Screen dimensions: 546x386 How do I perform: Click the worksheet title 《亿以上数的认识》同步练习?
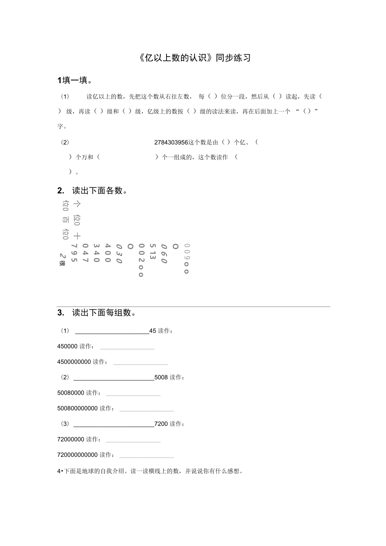(x=194, y=58)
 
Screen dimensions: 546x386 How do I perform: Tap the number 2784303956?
(x=171, y=142)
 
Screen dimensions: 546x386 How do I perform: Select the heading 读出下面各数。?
(x=99, y=191)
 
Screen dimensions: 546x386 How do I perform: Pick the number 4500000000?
(x=74, y=362)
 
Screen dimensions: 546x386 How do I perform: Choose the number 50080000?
(x=70, y=393)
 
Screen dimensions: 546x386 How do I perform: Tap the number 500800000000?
(x=77, y=408)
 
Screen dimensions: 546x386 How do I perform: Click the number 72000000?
(x=70, y=439)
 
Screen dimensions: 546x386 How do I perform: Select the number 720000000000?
(x=77, y=455)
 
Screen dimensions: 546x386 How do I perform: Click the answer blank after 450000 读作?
(x=127, y=348)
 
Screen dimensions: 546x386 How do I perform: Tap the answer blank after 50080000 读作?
(x=133, y=395)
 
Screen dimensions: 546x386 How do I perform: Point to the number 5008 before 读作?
(x=161, y=377)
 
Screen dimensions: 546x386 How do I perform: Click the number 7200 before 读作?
(x=161, y=424)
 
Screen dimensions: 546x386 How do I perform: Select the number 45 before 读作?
(x=153, y=331)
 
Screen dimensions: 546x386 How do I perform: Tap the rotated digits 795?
(x=74, y=253)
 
